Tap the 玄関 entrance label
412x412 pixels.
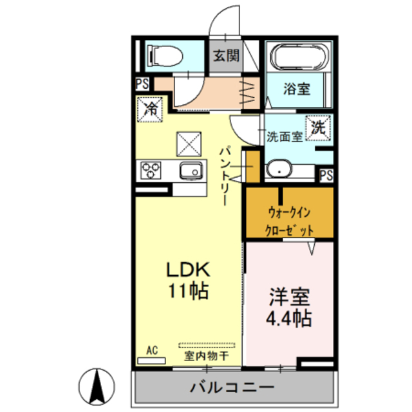(224, 56)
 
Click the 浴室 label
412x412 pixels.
(297, 89)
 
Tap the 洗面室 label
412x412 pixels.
(284, 136)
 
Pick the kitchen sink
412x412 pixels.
(191, 171)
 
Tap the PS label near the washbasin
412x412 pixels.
(326, 174)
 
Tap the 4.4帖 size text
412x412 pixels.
(290, 317)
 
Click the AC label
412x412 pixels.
(152, 351)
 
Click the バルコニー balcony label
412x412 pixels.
(232, 388)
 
